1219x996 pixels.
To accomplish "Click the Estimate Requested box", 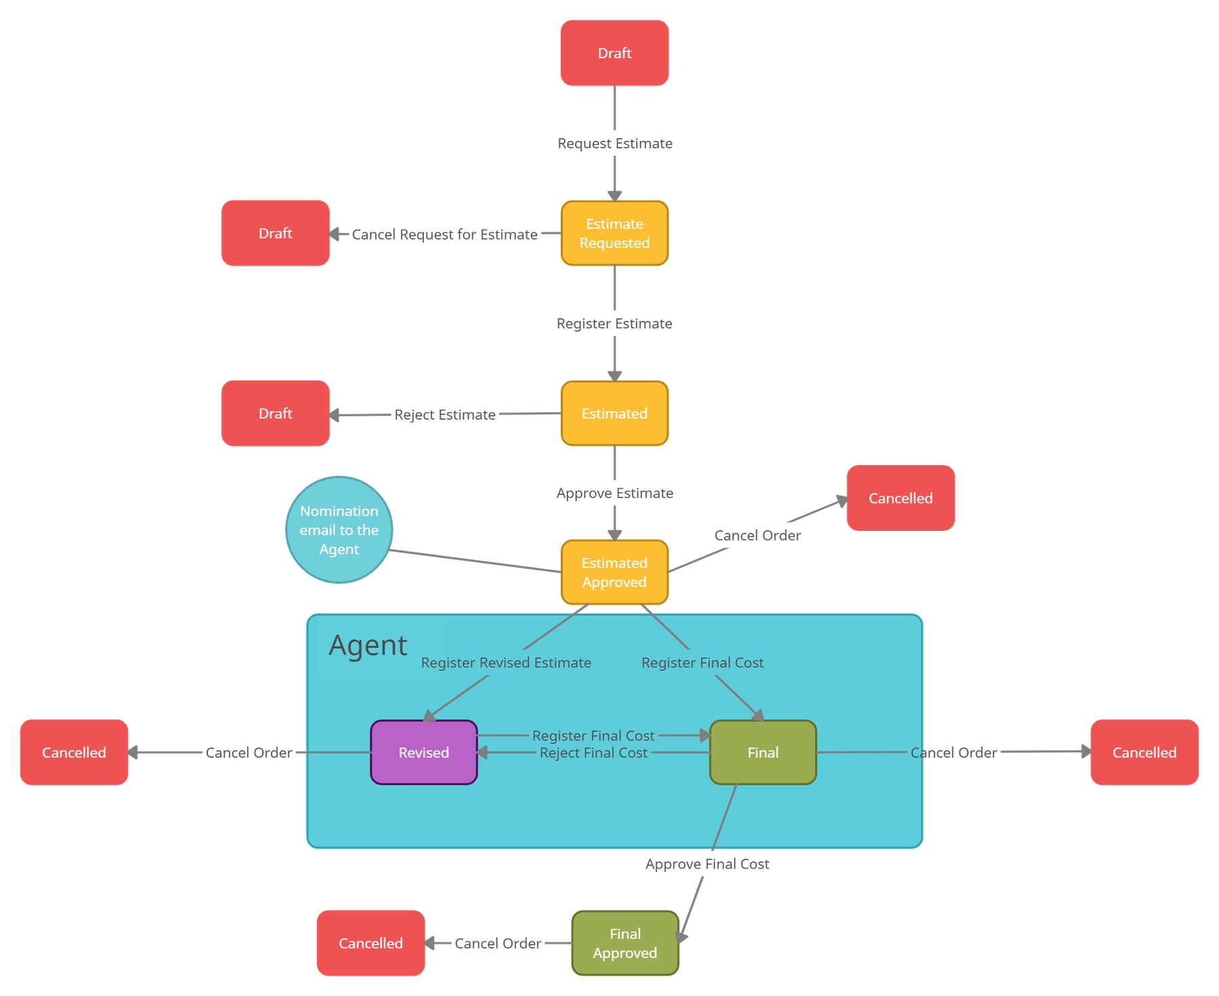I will [x=614, y=233].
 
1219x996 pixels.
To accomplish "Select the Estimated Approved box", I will [x=614, y=572].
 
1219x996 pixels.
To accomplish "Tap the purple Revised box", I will [x=423, y=752].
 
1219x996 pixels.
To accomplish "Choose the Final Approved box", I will [x=624, y=943].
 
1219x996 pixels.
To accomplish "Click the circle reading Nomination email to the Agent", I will [x=339, y=529].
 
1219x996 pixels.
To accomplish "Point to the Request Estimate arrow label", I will [x=614, y=144].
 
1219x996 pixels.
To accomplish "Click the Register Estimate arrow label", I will [x=614, y=324].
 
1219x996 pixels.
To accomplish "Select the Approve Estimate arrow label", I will [x=614, y=493].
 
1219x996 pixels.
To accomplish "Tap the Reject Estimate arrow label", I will [x=445, y=414].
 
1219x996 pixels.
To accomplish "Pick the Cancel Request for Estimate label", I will [x=444, y=234].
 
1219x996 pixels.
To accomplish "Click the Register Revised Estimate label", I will [x=506, y=662].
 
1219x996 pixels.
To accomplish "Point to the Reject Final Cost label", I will [x=593, y=753].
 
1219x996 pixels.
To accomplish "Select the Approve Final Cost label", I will [x=707, y=864].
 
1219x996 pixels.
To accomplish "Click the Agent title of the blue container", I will [x=368, y=645].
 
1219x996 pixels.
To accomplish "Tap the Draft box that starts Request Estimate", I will [x=614, y=53].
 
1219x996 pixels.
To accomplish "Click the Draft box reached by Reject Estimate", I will [x=275, y=413].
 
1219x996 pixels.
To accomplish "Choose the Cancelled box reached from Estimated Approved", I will [x=900, y=498].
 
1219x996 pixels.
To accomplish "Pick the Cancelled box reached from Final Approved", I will [x=370, y=943].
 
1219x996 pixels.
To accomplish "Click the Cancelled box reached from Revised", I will [x=74, y=752].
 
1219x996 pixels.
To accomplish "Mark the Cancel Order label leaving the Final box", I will [x=954, y=752].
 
